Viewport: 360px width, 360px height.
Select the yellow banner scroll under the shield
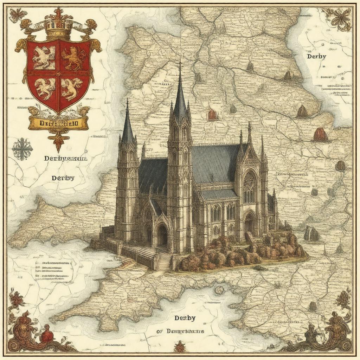[x=58, y=123]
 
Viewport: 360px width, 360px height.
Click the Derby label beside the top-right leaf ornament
[x=316, y=56]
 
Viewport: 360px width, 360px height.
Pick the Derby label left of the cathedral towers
[x=63, y=178]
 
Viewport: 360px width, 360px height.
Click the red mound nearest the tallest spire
[x=212, y=115]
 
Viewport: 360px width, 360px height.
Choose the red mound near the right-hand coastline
[x=320, y=135]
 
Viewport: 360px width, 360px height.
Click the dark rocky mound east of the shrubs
[x=311, y=234]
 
